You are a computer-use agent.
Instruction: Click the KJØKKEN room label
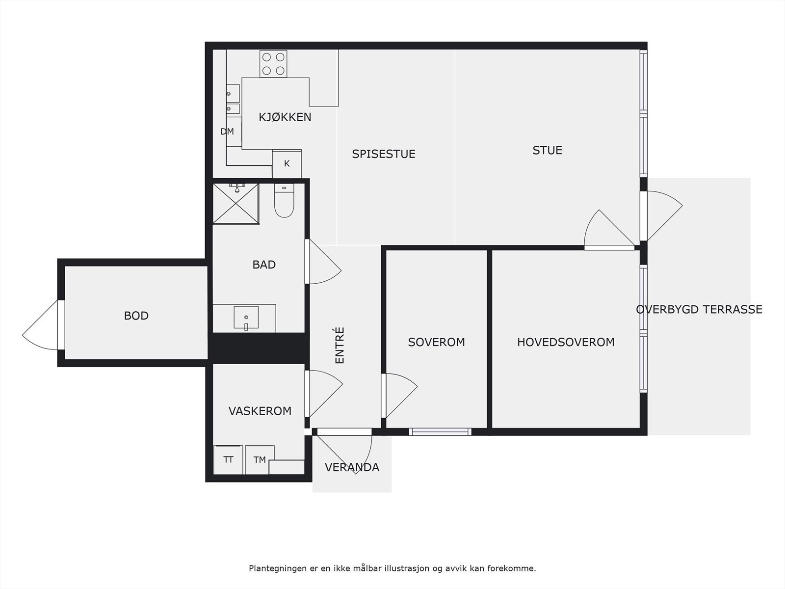click(x=285, y=117)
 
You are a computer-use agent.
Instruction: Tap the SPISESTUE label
click(x=384, y=154)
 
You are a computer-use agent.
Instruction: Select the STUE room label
click(x=547, y=150)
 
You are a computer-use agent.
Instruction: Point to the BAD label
click(x=264, y=265)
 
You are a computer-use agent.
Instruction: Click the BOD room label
click(x=136, y=316)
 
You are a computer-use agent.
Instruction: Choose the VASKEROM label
click(x=260, y=411)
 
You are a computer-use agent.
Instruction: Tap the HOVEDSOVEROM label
click(x=566, y=342)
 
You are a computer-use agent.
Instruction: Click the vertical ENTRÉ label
click(x=340, y=345)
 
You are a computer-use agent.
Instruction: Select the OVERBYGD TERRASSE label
click(x=699, y=309)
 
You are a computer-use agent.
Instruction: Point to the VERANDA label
click(x=352, y=467)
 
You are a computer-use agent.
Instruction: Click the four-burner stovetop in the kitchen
click(x=273, y=64)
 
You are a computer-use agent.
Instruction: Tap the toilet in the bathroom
click(x=284, y=200)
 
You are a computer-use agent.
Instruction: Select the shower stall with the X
click(x=235, y=204)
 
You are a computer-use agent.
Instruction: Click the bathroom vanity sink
click(x=246, y=317)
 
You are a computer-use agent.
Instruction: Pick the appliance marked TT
click(x=228, y=459)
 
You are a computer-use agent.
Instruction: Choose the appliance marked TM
click(x=260, y=459)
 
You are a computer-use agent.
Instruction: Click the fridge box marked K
click(x=287, y=164)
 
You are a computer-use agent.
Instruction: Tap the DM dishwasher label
click(x=227, y=132)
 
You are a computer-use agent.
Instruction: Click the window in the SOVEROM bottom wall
click(x=440, y=431)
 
